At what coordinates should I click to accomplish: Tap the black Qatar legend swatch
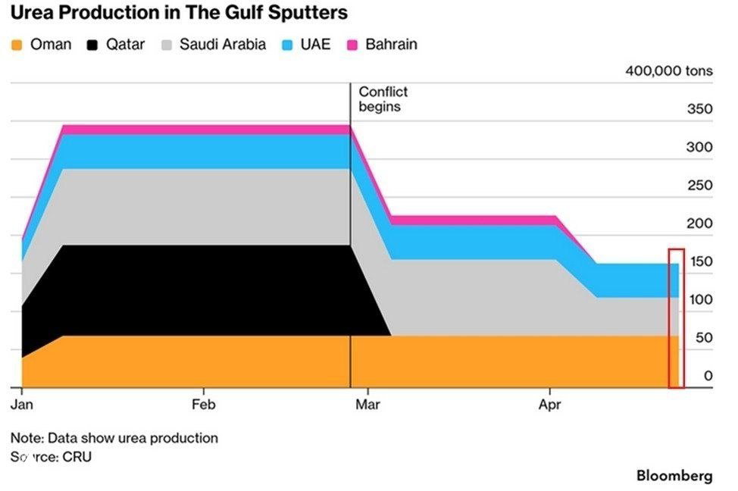(x=93, y=45)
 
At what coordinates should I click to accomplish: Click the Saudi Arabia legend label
(x=222, y=44)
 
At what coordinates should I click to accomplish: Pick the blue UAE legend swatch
(x=287, y=45)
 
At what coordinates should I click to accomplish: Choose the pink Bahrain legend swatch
(x=352, y=45)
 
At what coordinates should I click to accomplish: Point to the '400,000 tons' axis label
(x=668, y=71)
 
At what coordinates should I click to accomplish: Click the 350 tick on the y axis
(x=699, y=109)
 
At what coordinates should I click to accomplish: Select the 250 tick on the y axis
(x=699, y=186)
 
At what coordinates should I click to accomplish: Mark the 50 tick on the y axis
(x=703, y=338)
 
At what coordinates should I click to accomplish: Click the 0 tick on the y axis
(x=708, y=376)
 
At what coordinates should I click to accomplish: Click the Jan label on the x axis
(x=22, y=405)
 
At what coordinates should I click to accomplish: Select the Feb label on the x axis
(x=203, y=405)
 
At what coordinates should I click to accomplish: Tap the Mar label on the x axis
(x=367, y=405)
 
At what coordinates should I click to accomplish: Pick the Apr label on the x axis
(x=549, y=405)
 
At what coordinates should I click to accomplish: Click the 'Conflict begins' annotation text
(x=383, y=99)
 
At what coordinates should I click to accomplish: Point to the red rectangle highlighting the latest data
(x=676, y=318)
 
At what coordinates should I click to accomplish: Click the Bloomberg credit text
(x=674, y=476)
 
